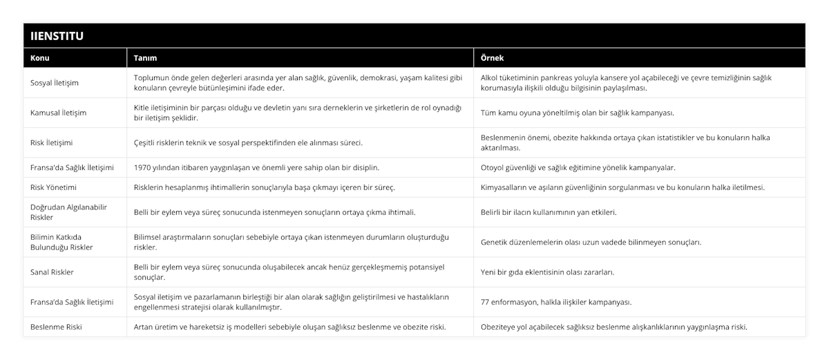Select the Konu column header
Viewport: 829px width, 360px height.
40,58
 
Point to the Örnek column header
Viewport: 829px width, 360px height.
493,58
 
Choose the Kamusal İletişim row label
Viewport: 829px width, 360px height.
59,113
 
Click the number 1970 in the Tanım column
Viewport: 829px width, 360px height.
143,167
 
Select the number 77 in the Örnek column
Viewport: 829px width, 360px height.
485,302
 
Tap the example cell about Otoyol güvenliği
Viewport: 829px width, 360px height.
578,167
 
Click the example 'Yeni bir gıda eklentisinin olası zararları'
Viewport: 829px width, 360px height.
547,272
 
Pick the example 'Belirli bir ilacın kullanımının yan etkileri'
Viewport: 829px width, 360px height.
549,212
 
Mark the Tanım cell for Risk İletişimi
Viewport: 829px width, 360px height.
248,142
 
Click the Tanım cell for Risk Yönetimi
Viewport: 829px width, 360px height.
265,187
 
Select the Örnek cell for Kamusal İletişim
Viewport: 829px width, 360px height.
577,113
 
